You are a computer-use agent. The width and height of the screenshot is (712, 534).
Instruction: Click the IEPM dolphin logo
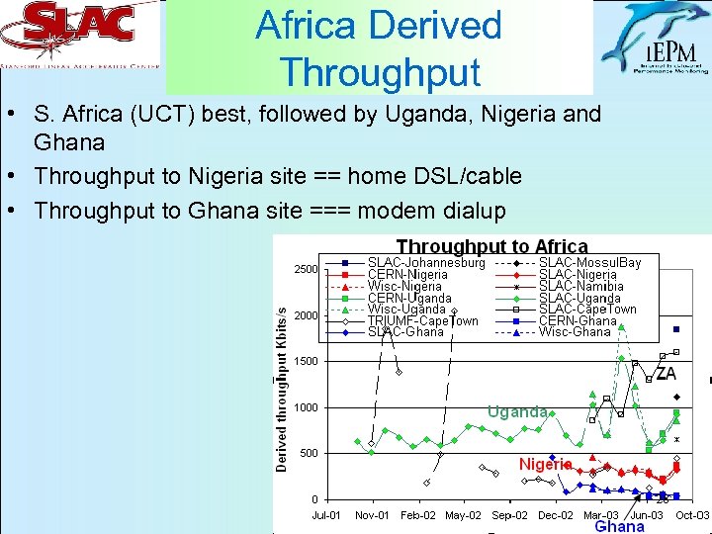656,40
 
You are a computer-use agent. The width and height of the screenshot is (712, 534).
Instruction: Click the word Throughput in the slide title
380,72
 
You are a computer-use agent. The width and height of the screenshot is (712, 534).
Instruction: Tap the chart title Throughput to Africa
491,246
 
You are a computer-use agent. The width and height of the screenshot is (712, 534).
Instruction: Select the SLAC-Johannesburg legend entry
425,263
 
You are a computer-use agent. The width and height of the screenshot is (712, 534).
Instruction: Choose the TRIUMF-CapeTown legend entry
422,320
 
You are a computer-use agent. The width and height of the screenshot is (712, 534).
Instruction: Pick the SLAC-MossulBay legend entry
589,263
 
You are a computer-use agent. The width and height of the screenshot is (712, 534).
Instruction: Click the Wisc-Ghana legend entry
575,332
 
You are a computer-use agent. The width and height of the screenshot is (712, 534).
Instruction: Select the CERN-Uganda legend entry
408,298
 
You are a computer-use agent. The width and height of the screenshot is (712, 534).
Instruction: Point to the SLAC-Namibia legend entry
580,286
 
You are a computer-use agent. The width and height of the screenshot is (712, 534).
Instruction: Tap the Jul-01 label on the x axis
327,515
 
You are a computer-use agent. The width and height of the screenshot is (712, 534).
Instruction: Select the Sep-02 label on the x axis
508,515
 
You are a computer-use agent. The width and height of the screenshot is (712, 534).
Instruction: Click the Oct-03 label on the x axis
691,515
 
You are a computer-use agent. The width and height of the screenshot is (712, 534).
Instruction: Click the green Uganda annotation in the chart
516,411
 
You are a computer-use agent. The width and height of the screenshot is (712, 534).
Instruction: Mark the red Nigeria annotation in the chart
545,464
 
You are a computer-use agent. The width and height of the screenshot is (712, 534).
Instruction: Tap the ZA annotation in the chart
666,374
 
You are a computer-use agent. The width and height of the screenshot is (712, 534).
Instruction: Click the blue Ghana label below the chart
619,527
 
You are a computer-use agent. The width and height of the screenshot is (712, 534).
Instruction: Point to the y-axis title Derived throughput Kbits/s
282,387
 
